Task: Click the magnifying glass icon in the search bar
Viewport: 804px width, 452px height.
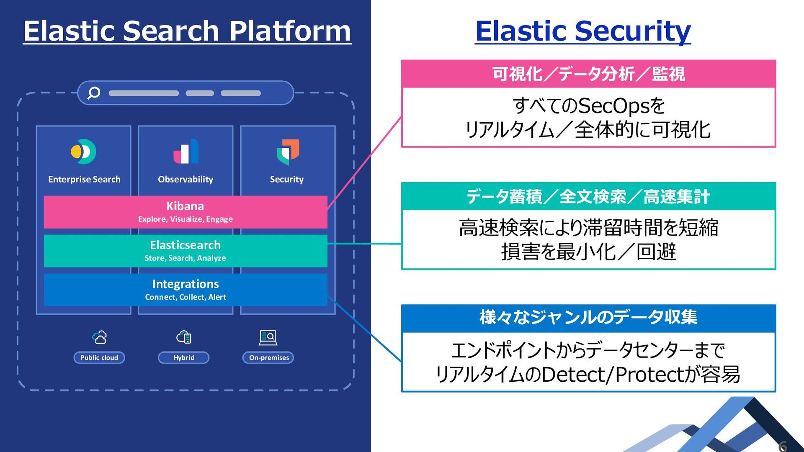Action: (93, 92)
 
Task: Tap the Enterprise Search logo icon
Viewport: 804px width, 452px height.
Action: (83, 152)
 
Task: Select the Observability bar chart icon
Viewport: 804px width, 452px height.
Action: (186, 151)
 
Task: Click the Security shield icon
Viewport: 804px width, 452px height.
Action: (288, 152)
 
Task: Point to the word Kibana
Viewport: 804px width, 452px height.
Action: (185, 206)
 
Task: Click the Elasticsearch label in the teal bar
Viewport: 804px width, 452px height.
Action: (185, 245)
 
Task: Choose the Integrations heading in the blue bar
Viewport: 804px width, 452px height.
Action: (186, 284)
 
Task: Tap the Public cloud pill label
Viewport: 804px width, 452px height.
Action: (99, 357)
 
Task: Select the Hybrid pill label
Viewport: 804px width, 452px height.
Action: (184, 357)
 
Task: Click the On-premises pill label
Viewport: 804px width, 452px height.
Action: (268, 357)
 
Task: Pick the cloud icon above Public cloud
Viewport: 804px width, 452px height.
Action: (100, 337)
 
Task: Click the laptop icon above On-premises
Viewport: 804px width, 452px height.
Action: (268, 337)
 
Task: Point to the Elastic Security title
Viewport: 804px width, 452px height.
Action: (583, 31)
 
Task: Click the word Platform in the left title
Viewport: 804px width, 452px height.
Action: (290, 31)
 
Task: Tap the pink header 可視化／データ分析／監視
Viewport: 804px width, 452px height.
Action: (588, 74)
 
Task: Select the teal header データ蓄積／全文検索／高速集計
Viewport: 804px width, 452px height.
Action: (588, 196)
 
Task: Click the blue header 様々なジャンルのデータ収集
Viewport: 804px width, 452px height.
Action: (588, 317)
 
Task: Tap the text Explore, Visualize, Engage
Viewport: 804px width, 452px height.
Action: (186, 219)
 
